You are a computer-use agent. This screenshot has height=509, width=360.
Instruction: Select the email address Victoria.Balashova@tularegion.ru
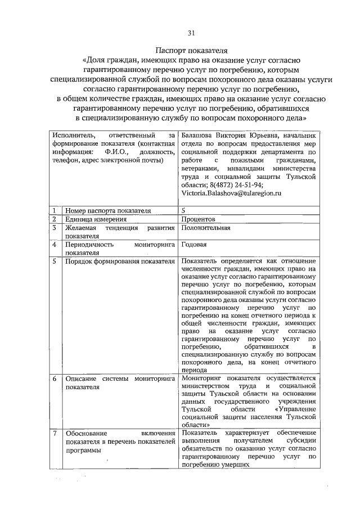(x=231, y=192)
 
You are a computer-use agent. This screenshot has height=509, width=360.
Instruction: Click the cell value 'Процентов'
(x=198, y=219)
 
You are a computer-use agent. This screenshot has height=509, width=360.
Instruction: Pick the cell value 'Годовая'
(x=194, y=245)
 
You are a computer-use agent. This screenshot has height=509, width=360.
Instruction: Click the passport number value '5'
(x=183, y=210)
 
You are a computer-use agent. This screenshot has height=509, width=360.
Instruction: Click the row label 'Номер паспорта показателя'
(x=108, y=210)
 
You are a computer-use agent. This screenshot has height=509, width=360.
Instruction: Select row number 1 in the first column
(x=55, y=210)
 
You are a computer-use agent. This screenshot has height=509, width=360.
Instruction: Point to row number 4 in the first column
(x=55, y=245)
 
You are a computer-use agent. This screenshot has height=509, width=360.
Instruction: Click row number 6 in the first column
(x=55, y=379)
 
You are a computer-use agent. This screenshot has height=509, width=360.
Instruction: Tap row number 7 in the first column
(x=55, y=434)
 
